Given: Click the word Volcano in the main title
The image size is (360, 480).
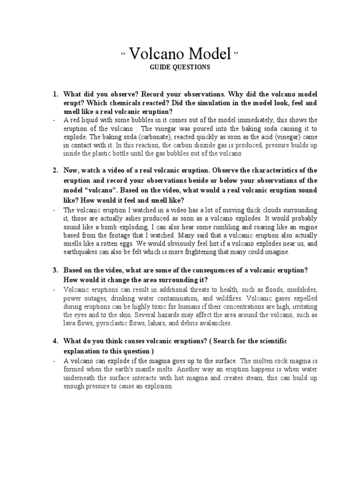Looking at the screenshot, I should coord(157,55).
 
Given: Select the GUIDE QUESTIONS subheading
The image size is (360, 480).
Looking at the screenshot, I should coord(180,67).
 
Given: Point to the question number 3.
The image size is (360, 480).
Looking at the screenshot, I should coord(55,270).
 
